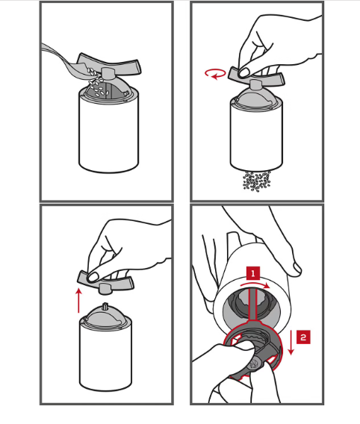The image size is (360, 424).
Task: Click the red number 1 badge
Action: (x=253, y=273)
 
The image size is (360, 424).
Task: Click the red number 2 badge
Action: (x=303, y=337)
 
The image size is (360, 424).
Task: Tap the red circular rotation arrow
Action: (x=215, y=74)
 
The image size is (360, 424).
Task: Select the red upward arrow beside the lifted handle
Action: (x=78, y=300)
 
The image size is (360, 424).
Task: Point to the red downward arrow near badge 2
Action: (x=291, y=343)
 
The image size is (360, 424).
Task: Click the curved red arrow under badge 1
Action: (x=255, y=284)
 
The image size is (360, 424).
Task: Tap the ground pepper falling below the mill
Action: (x=256, y=181)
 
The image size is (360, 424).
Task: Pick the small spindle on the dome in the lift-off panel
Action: (x=105, y=307)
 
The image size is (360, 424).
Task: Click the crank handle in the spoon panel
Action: (x=110, y=65)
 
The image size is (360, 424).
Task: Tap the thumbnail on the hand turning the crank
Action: (x=244, y=72)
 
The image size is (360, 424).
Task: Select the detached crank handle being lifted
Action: (x=105, y=281)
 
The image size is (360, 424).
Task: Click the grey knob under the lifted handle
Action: (x=105, y=289)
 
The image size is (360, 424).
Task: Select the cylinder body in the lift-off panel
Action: (x=105, y=355)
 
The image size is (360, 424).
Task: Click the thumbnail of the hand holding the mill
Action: (x=297, y=269)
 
